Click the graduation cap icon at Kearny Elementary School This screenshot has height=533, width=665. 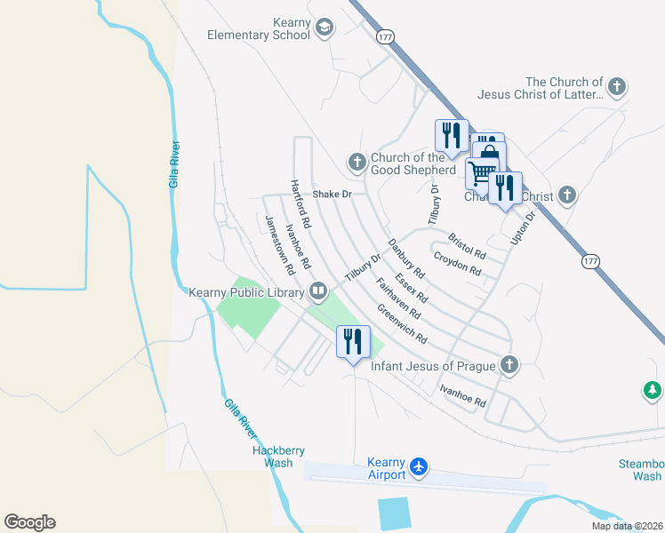coord(324,27)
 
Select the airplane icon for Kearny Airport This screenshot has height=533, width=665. coord(420,466)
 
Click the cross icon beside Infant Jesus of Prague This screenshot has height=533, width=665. coord(509,364)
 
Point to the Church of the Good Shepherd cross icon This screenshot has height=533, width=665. coord(357,162)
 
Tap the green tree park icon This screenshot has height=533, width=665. coord(653,390)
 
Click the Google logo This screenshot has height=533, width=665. coord(29,522)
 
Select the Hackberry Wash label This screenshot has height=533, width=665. coord(272,457)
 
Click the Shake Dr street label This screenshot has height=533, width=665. coord(332,194)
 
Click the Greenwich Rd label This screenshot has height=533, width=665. coord(402,325)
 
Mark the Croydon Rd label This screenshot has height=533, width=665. coord(457,263)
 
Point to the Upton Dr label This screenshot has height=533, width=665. coord(523,228)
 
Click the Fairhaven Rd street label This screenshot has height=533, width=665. coord(398,299)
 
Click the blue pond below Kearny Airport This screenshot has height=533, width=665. coord(395,513)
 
